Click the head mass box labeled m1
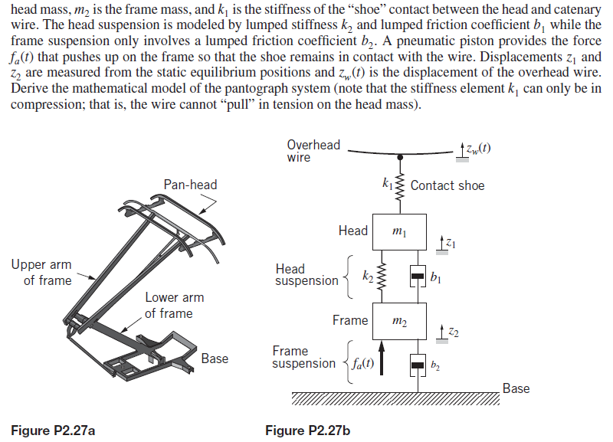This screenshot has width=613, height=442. point(398,231)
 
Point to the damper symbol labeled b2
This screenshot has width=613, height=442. point(417,365)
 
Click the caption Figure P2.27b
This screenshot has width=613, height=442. point(307,431)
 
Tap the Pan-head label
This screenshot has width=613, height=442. point(190,185)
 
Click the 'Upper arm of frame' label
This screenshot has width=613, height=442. point(41,272)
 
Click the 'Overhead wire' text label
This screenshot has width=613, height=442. point(313,151)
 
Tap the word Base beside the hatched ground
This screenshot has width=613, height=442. point(516,388)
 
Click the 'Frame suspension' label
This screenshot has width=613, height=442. point(303,357)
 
